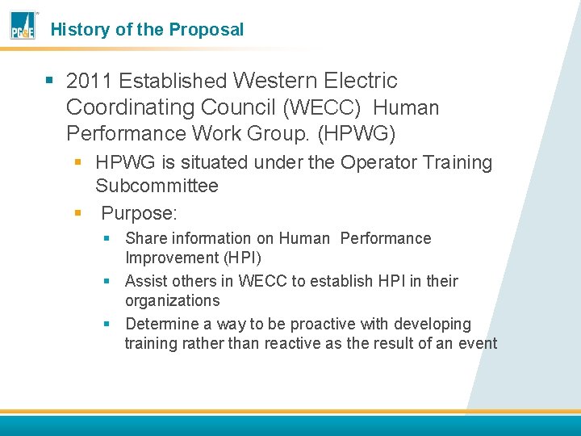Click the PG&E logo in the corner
[x=23, y=27]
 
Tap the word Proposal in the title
[x=206, y=30]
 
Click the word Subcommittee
[x=157, y=186]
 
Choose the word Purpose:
[x=139, y=214]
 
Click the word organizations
[x=172, y=300]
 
